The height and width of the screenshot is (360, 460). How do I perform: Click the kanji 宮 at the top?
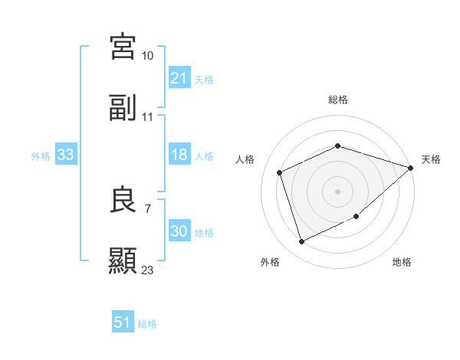click(x=123, y=47)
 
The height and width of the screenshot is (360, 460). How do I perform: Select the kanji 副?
click(x=123, y=108)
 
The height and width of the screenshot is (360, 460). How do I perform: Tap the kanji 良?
click(x=123, y=201)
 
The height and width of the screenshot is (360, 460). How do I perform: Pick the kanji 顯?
click(x=123, y=261)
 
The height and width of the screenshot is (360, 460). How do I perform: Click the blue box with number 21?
click(x=179, y=78)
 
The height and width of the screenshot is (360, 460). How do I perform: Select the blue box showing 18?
click(x=179, y=155)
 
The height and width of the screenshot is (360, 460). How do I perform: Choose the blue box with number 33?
click(x=66, y=155)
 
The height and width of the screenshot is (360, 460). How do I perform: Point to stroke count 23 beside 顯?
click(x=148, y=270)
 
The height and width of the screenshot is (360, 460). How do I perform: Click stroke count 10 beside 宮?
click(x=148, y=56)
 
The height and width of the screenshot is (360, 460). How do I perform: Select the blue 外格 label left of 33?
click(x=41, y=155)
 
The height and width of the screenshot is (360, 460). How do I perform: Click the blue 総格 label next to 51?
click(x=147, y=323)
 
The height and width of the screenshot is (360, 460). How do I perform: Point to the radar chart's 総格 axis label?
click(x=338, y=100)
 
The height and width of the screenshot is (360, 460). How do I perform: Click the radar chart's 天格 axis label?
click(x=431, y=159)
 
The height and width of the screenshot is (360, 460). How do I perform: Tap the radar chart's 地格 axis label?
click(x=402, y=262)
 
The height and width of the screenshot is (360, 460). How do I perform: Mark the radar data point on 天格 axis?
click(x=411, y=168)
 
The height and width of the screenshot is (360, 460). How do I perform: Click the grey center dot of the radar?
click(x=338, y=191)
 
